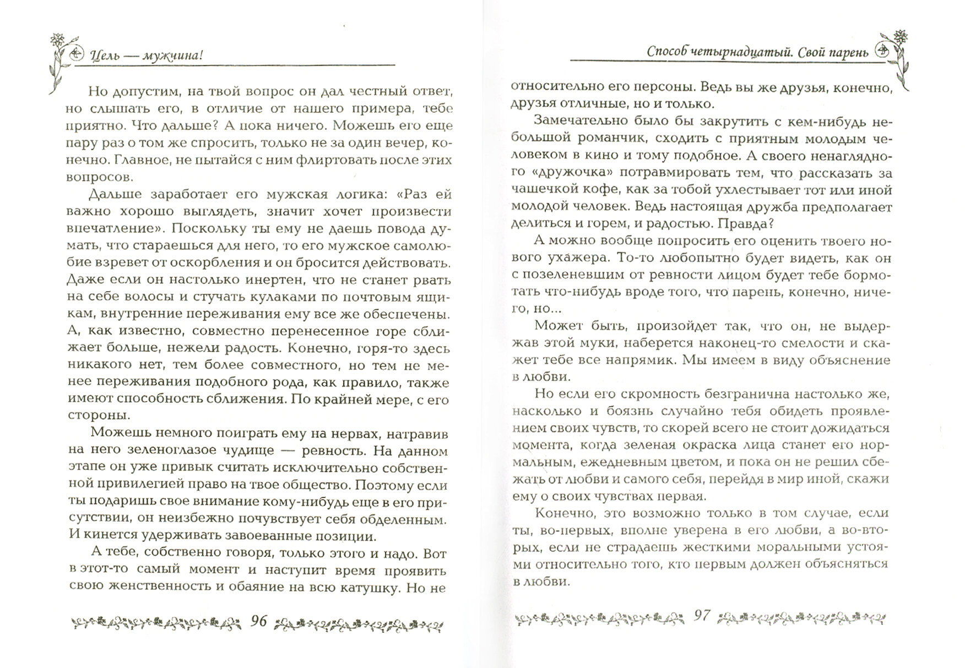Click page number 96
(258, 621)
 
